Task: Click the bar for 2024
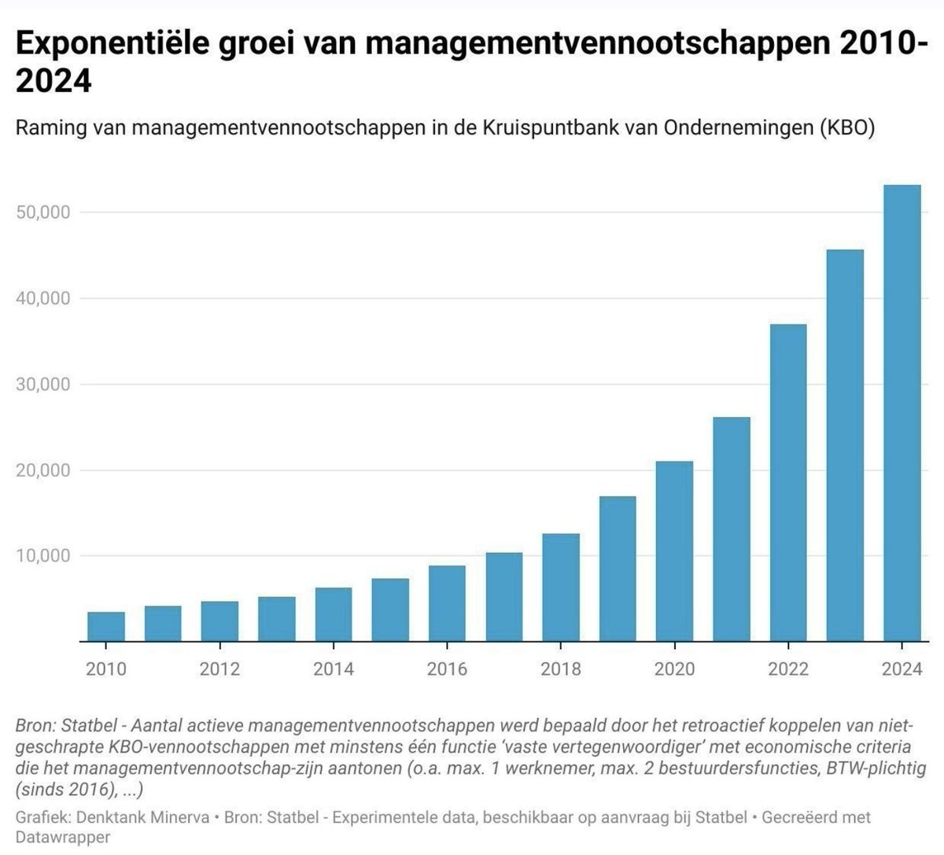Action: (x=902, y=413)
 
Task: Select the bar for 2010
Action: (x=105, y=626)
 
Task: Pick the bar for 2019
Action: (x=618, y=569)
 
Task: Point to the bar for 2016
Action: (x=447, y=603)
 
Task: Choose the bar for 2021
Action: (x=731, y=529)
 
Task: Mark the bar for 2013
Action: (x=276, y=619)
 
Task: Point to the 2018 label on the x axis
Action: (x=560, y=669)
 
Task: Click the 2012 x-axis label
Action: (x=219, y=669)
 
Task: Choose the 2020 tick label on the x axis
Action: (x=674, y=669)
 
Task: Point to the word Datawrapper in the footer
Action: (x=62, y=837)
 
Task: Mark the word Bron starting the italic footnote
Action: (x=34, y=725)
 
